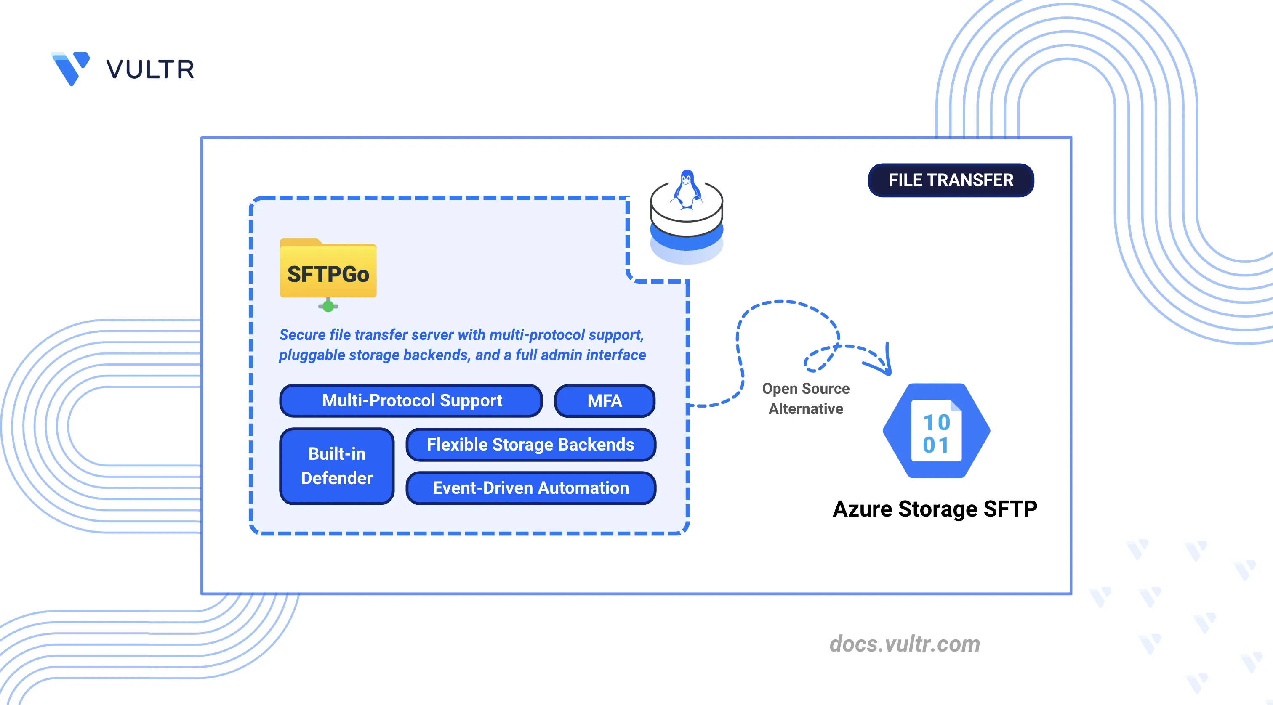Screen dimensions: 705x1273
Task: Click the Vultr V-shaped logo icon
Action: [x=71, y=68]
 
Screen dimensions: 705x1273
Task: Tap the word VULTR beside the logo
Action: [x=150, y=69]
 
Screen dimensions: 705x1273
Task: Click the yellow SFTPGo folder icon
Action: [x=328, y=270]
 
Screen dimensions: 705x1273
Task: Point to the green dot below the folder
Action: [x=328, y=307]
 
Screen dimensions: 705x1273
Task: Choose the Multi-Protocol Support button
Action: [x=411, y=400]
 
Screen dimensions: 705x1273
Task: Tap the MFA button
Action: [x=605, y=400]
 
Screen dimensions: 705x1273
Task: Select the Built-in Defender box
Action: [x=336, y=466]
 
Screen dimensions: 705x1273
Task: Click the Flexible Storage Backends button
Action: [x=530, y=444]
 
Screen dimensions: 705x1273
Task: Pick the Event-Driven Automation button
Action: [x=530, y=488]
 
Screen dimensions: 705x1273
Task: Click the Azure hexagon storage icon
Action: [x=936, y=430]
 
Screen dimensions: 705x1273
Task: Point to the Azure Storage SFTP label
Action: [x=935, y=509]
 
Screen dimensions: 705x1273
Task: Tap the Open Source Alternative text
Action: [x=805, y=398]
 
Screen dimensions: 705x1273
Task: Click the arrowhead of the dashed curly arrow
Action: [x=885, y=366]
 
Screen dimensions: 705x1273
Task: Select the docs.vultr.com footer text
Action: [x=904, y=644]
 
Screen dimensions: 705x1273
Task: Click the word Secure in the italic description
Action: [x=302, y=335]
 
